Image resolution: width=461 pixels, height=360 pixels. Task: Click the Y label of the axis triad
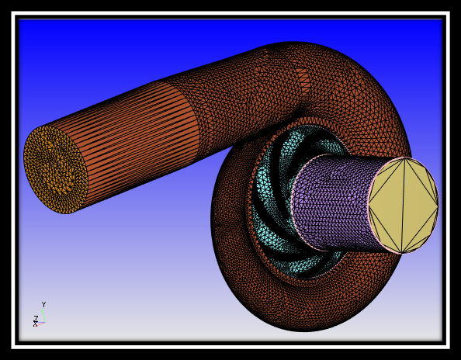pyautogui.click(x=43, y=305)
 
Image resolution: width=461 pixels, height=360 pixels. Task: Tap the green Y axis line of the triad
pyautogui.click(x=43, y=313)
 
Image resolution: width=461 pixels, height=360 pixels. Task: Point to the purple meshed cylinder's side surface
pyautogui.click(x=330, y=202)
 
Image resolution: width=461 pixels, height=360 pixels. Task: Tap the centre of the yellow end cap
pyautogui.click(x=404, y=203)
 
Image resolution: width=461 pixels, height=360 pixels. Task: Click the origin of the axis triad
pyautogui.click(x=43, y=320)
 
